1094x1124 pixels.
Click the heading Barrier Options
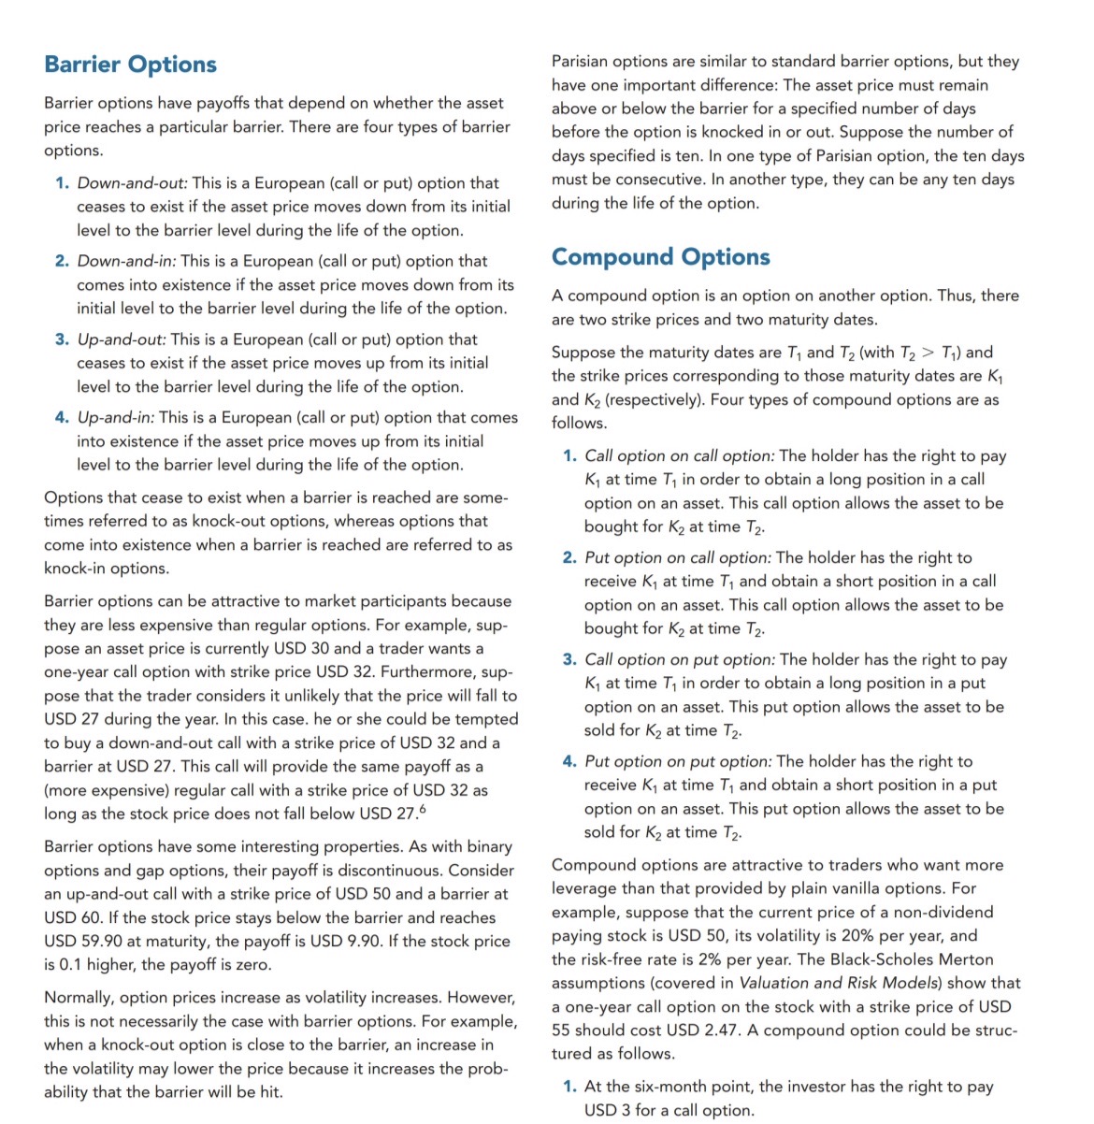[131, 65]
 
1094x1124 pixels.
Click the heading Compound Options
[660, 257]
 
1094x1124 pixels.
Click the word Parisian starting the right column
[583, 62]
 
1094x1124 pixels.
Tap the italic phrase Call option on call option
[680, 456]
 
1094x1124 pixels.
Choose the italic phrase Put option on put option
[678, 762]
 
